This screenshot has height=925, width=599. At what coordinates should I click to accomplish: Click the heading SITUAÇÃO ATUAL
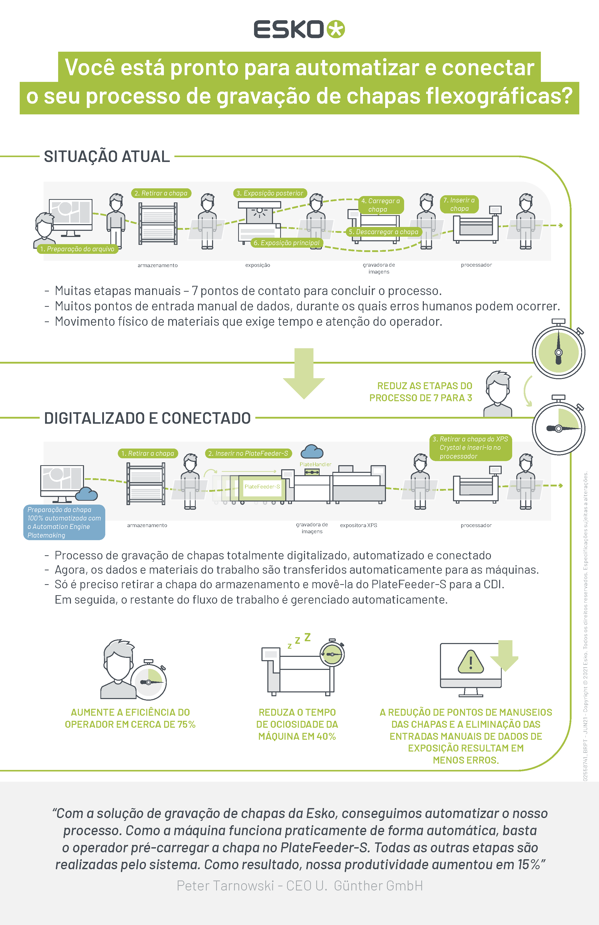(107, 157)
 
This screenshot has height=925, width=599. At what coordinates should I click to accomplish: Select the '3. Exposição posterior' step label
(270, 193)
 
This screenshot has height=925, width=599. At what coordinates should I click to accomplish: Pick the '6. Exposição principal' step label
(287, 243)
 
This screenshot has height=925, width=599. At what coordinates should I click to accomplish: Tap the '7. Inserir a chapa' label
(459, 204)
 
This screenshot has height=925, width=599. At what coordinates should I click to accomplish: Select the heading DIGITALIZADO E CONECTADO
(148, 418)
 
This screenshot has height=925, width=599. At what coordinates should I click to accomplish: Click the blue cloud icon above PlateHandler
(312, 452)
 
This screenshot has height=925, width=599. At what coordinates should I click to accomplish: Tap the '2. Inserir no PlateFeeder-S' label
(248, 454)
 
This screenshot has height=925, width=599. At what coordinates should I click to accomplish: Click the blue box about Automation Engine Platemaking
(64, 522)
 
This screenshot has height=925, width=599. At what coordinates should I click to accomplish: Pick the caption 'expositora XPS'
(358, 525)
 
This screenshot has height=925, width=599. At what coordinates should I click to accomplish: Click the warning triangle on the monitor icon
(471, 662)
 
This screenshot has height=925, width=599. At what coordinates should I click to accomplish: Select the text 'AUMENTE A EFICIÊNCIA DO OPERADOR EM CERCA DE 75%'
(130, 718)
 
